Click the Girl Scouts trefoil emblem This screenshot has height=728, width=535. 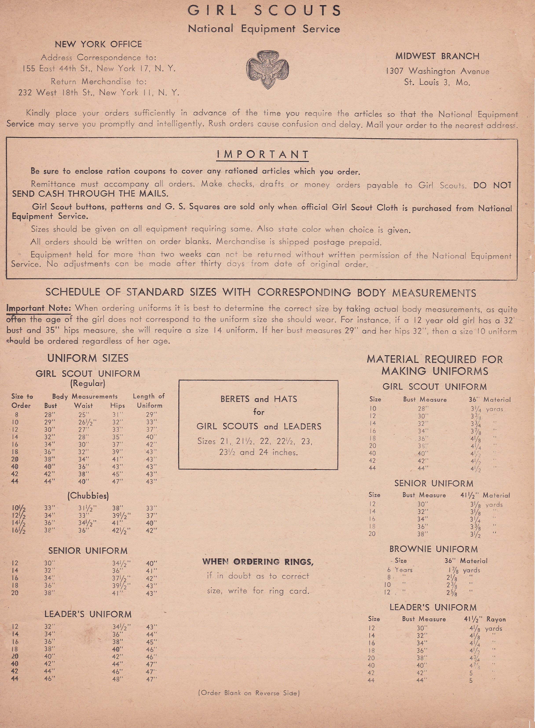point(267,69)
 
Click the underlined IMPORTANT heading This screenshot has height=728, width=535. point(263,155)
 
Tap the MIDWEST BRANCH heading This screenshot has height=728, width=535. point(437,56)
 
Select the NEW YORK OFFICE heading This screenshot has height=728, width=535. point(98,44)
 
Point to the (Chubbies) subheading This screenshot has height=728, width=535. point(88,496)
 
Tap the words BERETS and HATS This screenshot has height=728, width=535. point(258,399)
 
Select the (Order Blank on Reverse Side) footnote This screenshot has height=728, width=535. point(249,693)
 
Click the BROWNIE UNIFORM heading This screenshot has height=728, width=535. point(433,549)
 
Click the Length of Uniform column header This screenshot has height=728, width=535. point(149,401)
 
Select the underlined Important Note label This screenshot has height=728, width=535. point(38,308)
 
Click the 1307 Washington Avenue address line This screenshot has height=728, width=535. point(437,71)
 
